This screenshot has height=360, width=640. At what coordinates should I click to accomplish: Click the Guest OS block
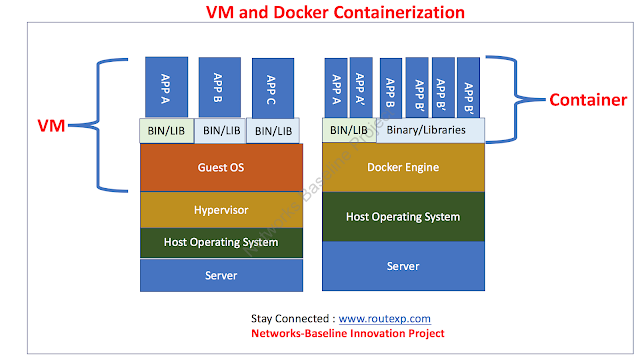tap(221, 167)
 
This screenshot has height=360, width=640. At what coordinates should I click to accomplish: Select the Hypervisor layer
tap(221, 210)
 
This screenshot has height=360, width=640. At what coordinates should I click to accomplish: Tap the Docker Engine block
tap(403, 167)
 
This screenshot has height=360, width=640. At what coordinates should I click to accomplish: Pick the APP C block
tap(273, 88)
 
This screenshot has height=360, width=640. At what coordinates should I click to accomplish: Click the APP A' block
tap(361, 87)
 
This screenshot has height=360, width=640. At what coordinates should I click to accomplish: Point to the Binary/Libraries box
tap(431, 130)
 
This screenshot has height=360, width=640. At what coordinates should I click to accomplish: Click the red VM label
tap(51, 126)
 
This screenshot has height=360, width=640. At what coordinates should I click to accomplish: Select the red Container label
tap(588, 100)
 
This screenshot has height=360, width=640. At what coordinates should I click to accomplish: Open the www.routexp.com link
tap(384, 318)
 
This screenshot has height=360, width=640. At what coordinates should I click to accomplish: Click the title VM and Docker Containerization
tap(335, 12)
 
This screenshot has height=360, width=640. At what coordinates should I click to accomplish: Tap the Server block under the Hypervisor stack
tap(221, 275)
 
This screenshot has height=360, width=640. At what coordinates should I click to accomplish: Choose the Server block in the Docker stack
tap(403, 266)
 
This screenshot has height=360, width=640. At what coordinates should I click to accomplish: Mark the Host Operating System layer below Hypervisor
tap(221, 242)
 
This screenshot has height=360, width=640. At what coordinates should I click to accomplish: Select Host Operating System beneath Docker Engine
tap(403, 217)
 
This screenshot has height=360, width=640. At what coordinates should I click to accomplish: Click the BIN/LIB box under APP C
tap(273, 131)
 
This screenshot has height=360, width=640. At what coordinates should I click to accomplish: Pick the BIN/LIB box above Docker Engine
tap(349, 130)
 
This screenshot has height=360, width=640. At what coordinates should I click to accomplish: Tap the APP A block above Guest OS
tap(167, 87)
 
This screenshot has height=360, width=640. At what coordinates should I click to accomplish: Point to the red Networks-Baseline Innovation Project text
tap(348, 333)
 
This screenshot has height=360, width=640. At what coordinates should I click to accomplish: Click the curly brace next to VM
tap(98, 125)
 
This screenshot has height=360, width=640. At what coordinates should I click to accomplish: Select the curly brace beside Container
tap(516, 99)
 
